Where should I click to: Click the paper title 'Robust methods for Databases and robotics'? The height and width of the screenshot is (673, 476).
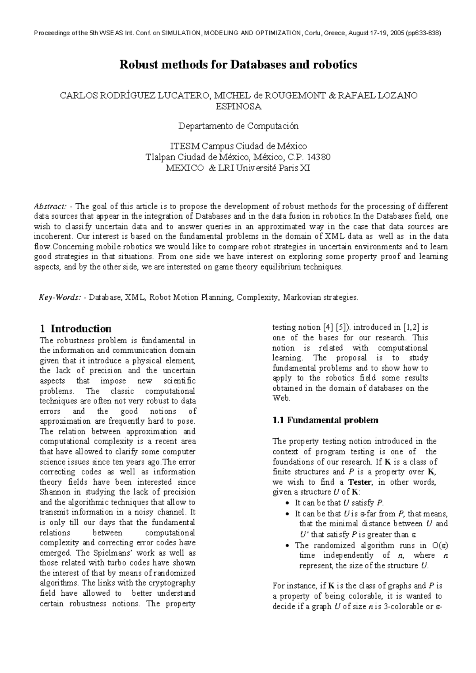pos(238,65)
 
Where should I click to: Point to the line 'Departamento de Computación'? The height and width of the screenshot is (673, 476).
pos(238,126)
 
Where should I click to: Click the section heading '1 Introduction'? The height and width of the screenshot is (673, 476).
pos(76,329)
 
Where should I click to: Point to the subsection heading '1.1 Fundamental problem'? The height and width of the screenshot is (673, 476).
pos(325,421)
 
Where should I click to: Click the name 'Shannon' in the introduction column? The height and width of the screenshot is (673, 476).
pos(54,492)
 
